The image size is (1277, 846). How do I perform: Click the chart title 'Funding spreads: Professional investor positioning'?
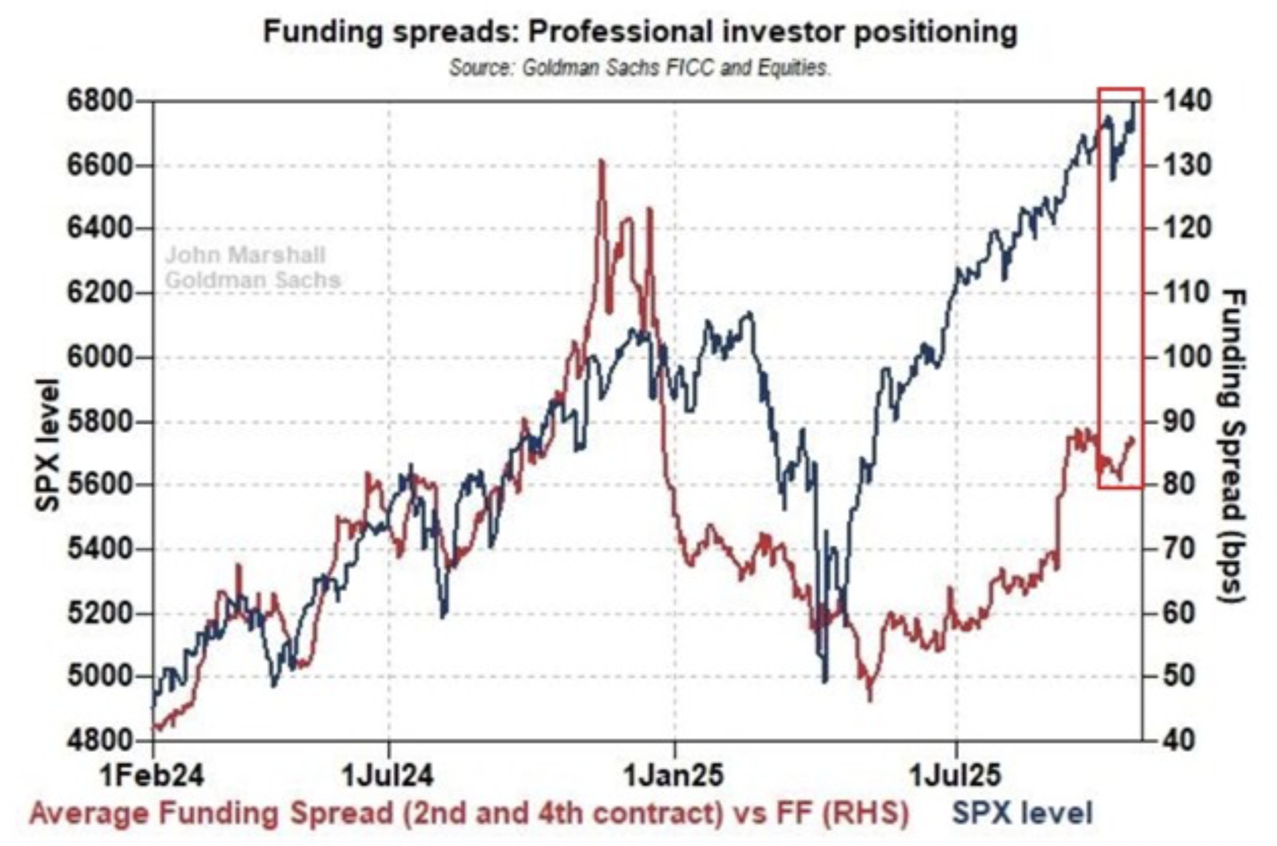(640, 32)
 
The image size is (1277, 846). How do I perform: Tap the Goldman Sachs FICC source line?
(640, 68)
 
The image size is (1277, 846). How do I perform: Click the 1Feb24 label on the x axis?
(153, 775)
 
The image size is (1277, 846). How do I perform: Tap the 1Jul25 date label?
(955, 775)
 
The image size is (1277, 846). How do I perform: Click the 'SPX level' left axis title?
(48, 444)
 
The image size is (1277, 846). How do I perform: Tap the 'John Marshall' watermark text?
(245, 255)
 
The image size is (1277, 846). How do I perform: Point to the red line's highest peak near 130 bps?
(602, 161)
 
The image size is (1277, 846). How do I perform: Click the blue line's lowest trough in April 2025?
(825, 680)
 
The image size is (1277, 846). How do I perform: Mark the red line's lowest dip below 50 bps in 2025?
(869, 698)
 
